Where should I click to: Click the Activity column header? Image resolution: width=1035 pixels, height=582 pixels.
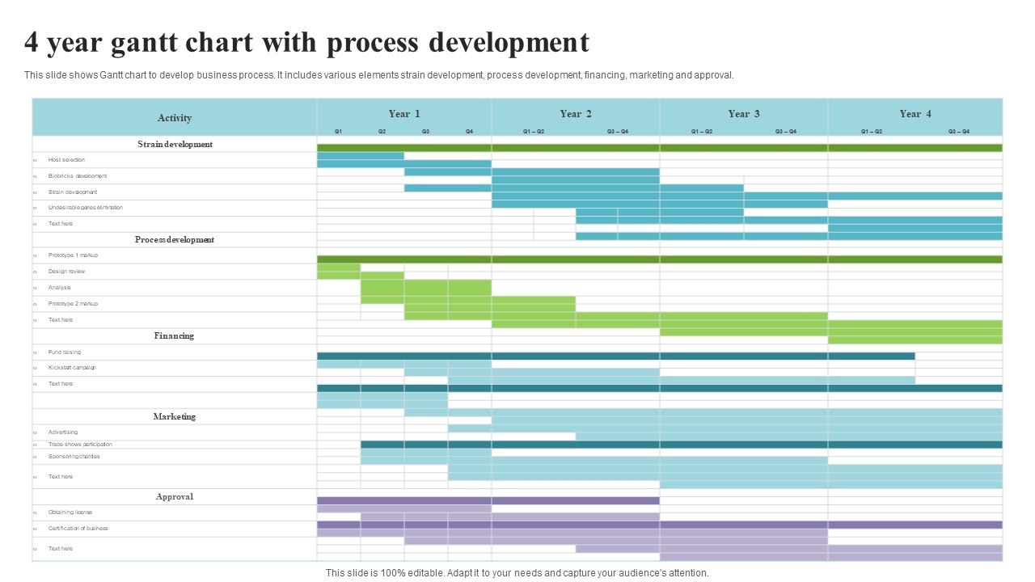coord(175,118)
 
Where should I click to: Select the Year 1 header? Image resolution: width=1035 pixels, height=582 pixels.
coord(404,114)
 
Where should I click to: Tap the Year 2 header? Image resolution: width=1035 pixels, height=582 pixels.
coord(576,114)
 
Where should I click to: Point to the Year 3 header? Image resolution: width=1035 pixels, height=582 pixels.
coord(744,114)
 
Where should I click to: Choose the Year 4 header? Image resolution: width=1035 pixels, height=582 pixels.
coord(915,114)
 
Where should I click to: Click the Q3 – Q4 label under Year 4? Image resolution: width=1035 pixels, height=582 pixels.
coord(959,131)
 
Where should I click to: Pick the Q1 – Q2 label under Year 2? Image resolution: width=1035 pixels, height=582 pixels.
coord(534,131)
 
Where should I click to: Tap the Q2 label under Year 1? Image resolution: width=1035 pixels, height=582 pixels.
coord(382,131)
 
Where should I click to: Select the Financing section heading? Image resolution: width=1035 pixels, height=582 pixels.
coord(175,335)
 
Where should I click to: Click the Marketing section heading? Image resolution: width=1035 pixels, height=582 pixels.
coord(175,416)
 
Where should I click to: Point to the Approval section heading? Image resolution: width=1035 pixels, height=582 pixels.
coord(175,496)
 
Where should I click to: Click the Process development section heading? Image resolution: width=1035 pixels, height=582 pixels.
coord(175,239)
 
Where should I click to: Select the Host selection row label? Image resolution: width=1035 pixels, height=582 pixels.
coord(66,160)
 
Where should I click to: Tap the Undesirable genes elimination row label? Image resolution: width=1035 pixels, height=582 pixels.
coord(86,208)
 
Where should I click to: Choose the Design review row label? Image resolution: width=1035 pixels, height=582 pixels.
coord(66,272)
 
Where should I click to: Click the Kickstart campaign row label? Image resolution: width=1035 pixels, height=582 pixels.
coord(72,368)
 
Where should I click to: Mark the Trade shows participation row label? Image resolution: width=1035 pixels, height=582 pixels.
coord(80,445)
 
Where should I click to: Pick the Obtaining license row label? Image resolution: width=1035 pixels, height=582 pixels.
coord(70,512)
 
